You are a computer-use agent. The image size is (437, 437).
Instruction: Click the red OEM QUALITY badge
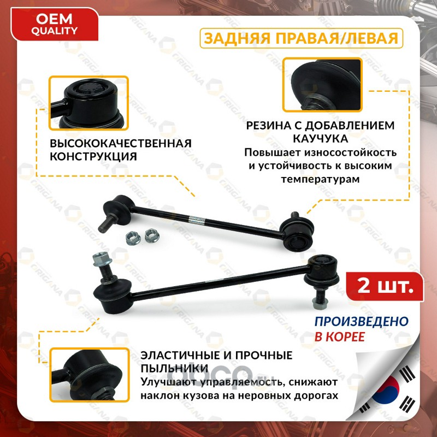coord(54,25)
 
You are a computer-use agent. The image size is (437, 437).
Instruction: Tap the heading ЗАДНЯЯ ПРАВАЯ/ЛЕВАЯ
coord(302,38)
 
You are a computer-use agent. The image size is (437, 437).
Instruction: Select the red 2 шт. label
coord(385,286)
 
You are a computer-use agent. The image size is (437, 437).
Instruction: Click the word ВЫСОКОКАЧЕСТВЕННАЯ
coord(121,143)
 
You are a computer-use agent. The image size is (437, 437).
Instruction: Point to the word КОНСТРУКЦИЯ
coord(93,156)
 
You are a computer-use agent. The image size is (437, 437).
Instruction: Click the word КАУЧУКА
coord(321,139)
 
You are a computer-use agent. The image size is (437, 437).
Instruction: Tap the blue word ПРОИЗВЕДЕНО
coord(362,321)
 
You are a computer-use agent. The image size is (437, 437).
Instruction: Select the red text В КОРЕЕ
coord(340,336)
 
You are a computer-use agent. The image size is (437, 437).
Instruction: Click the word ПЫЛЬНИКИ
coord(174,368)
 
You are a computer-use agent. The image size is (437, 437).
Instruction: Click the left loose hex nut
coord(133,239)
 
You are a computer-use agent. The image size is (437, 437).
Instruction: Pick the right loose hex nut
coord(152,235)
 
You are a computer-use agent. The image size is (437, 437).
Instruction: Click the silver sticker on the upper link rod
coord(197,220)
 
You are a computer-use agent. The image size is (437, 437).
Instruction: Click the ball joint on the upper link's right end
coord(297,234)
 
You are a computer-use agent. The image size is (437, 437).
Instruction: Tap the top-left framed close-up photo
coord(88,103)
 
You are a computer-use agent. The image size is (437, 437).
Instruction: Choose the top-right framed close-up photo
coord(322,85)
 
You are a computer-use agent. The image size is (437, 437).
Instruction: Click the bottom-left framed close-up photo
coord(90,375)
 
